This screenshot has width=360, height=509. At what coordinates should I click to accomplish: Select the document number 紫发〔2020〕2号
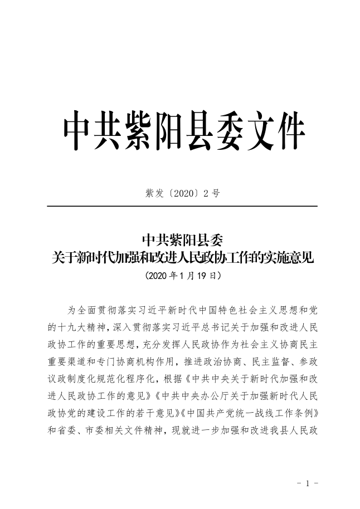tap(182, 193)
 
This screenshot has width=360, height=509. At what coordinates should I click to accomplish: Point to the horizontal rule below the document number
tap(182, 207)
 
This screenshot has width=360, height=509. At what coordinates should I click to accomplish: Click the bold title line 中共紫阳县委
tap(182, 240)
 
